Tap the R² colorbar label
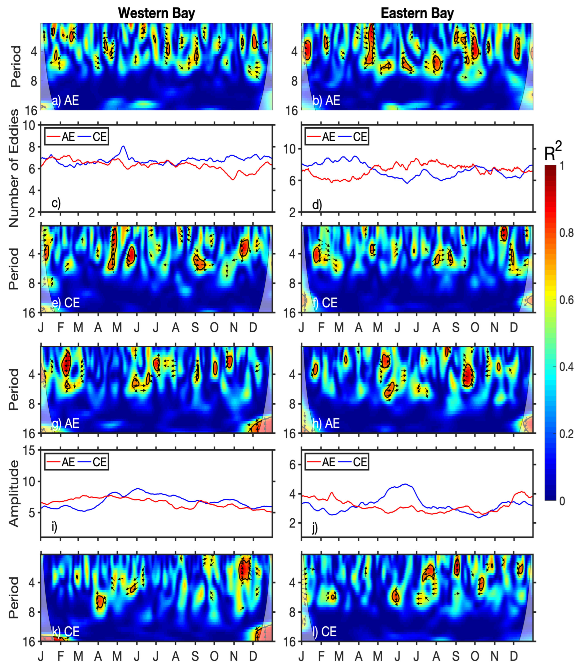[x=553, y=152]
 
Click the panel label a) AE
[x=66, y=100]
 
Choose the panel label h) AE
[x=326, y=423]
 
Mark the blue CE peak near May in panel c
[x=123, y=146]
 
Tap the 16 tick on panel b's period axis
[x=292, y=111]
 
